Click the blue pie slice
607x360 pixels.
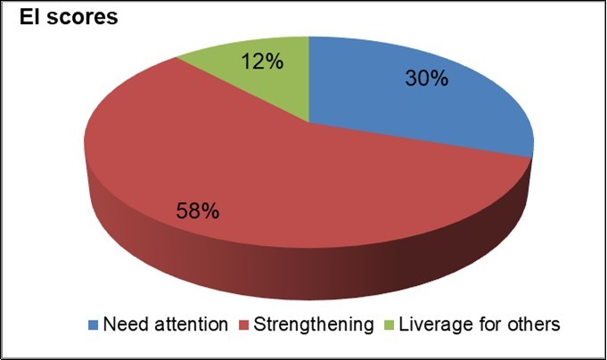[x=419, y=107]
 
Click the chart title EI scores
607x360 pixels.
[x=62, y=17]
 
